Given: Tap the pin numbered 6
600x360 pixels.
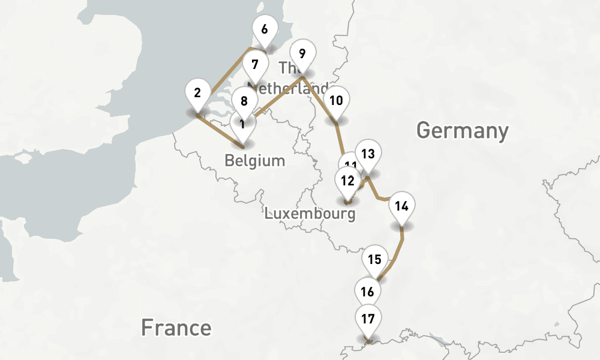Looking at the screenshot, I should click(x=265, y=29).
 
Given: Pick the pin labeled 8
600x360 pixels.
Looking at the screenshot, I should click(x=244, y=101).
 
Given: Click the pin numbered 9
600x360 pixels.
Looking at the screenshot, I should click(x=302, y=54).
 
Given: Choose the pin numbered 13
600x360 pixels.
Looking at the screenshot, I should click(x=368, y=154).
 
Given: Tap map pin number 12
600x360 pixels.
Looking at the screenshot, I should click(x=347, y=179).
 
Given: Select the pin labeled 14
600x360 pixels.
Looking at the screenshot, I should click(x=402, y=206).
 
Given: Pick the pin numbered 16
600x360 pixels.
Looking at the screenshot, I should click(x=368, y=292).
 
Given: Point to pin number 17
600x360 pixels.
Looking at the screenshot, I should click(x=368, y=319).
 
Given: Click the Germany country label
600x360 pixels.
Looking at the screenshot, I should click(x=462, y=130).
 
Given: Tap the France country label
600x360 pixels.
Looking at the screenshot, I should click(x=176, y=328).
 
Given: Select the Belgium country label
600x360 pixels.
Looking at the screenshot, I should click(x=254, y=161).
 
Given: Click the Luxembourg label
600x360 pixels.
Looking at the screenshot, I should click(x=310, y=214).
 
